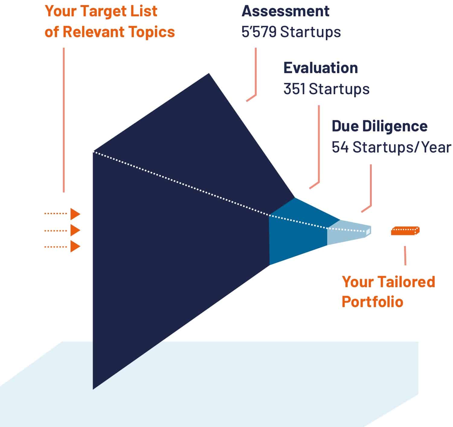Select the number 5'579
point(259,32)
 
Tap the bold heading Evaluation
point(320,68)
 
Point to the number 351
point(294,89)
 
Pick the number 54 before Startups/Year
point(340,147)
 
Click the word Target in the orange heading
point(103,11)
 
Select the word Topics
point(152,32)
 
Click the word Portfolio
point(372,302)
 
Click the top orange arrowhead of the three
point(75,214)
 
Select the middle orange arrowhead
point(75,230)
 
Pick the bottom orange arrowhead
point(75,246)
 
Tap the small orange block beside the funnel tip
point(405,231)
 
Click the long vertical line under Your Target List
point(64,120)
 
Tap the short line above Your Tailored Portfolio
point(405,255)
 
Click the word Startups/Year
point(402,147)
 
